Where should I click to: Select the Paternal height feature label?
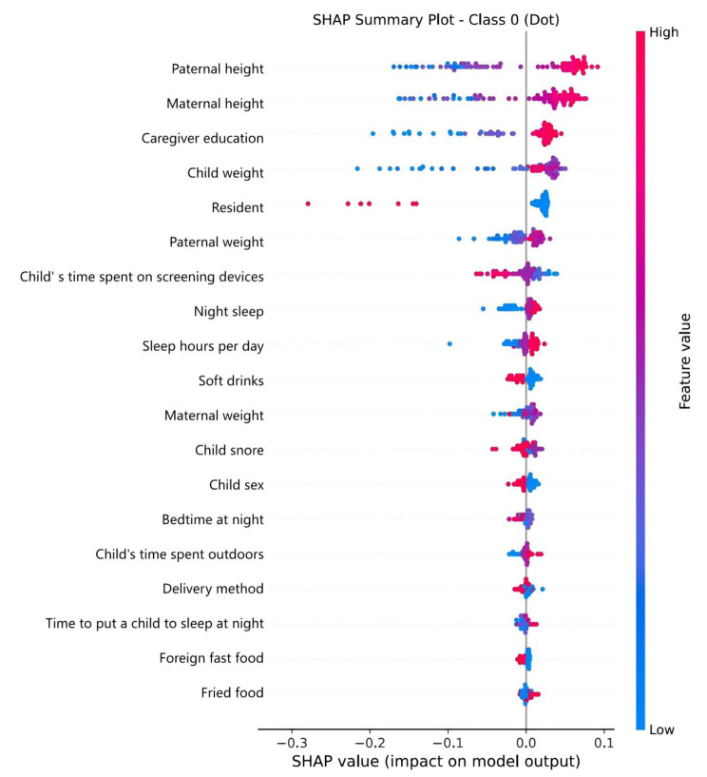(218, 68)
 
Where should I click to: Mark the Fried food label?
(233, 692)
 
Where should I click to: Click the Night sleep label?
(229, 311)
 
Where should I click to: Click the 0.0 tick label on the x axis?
(525, 737)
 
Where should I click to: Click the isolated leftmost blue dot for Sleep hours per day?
(449, 343)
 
